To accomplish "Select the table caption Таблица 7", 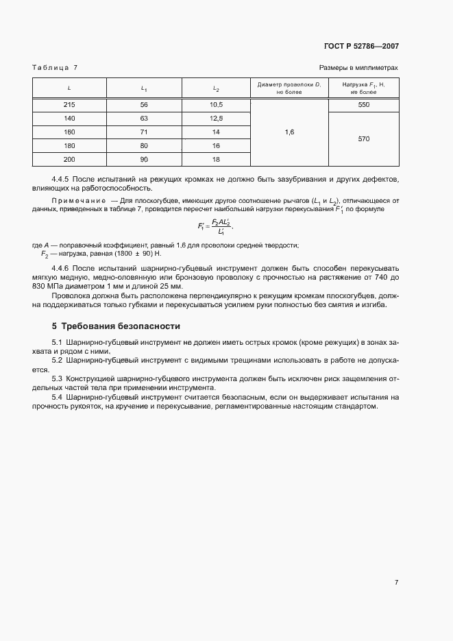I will pyautogui.click(x=55, y=68).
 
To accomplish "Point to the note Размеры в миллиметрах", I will pyautogui.click(x=358, y=68).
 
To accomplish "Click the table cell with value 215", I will pyautogui.click(x=69, y=104).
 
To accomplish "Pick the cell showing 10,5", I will pyautogui.click(x=216, y=104).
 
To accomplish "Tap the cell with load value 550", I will pyautogui.click(x=363, y=104).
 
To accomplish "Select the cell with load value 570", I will pyautogui.click(x=363, y=138).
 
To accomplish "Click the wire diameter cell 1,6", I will pyautogui.click(x=289, y=132).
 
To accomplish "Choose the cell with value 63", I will pyautogui.click(x=144, y=118).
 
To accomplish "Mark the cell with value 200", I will pyautogui.click(x=69, y=159).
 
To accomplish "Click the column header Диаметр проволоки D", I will pyautogui.click(x=289, y=87).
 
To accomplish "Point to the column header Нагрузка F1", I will pyautogui.click(x=363, y=87).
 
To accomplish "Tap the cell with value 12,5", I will pyautogui.click(x=216, y=118).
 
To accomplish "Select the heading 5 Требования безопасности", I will pyautogui.click(x=116, y=326).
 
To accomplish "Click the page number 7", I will pyautogui.click(x=396, y=583).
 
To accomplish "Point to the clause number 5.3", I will pyautogui.click(x=58, y=378).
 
